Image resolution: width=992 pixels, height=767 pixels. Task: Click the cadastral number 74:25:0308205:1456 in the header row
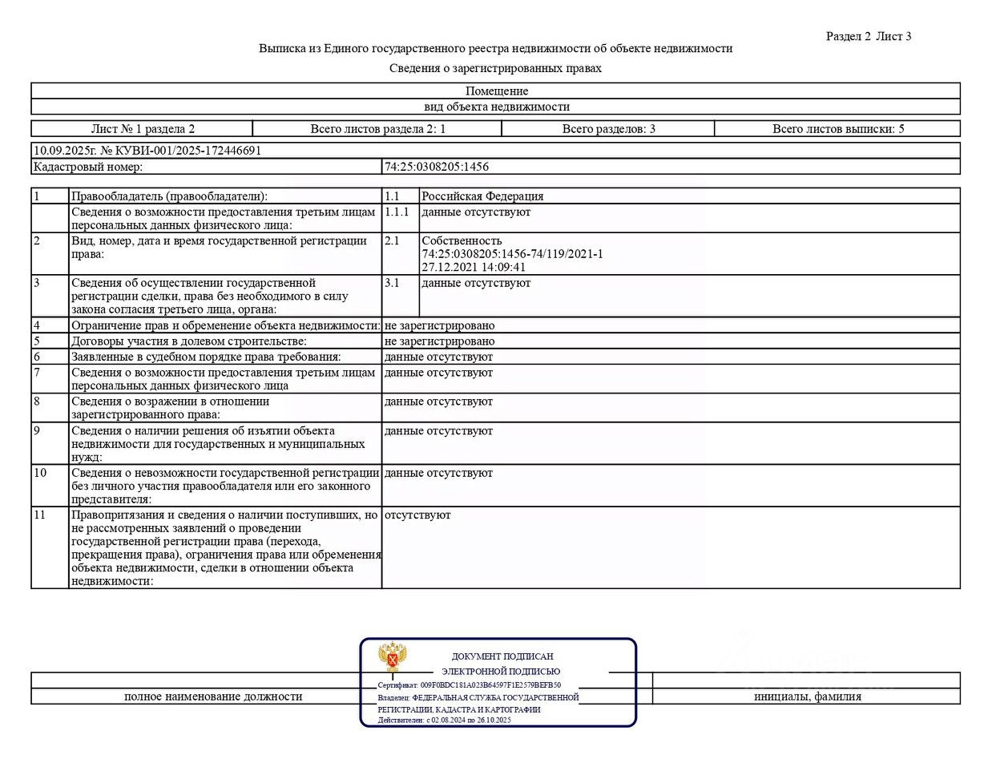click(x=437, y=167)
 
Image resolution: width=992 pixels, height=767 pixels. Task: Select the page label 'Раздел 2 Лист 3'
click(x=869, y=36)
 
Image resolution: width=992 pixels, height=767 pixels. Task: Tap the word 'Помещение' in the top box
click(x=497, y=91)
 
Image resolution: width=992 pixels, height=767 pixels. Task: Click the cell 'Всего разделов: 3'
click(x=608, y=128)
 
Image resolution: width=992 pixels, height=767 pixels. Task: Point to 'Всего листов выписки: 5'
click(x=837, y=128)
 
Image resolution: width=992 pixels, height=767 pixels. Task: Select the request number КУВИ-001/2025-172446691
click(x=188, y=150)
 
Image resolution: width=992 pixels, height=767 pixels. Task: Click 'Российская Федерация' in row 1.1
click(x=482, y=196)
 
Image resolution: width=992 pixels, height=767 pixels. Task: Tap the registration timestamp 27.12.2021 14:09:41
click(x=474, y=267)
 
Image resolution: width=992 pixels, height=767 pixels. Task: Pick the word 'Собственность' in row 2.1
click(x=462, y=240)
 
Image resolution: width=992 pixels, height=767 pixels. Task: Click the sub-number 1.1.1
click(x=397, y=212)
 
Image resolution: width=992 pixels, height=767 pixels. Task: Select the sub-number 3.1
click(x=392, y=282)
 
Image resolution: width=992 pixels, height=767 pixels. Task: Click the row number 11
click(x=40, y=515)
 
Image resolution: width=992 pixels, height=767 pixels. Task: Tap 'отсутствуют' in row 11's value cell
click(x=417, y=515)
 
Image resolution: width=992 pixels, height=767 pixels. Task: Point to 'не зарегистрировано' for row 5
click(x=439, y=341)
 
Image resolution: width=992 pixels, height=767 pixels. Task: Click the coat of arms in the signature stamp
click(x=393, y=658)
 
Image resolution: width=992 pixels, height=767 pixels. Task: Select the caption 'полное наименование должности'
click(x=213, y=696)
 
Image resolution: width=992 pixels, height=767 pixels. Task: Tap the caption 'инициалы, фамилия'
click(x=807, y=696)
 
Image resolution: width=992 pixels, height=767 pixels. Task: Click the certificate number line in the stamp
click(x=469, y=685)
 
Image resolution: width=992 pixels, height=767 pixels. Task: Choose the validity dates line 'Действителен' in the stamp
click(x=444, y=720)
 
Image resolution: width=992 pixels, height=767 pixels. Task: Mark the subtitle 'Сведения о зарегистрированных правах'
click(x=495, y=68)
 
